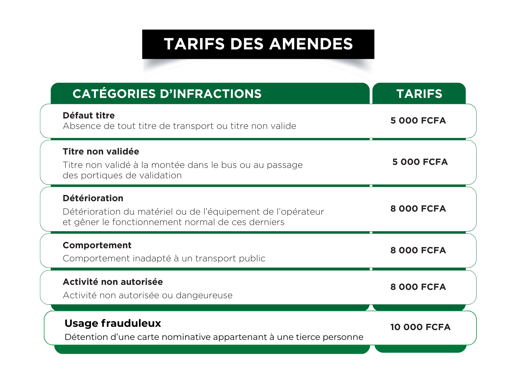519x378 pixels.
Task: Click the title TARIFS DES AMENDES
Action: coord(258,44)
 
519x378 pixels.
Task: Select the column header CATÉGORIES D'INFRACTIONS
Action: coord(167,94)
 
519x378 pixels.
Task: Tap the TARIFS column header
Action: coord(419,94)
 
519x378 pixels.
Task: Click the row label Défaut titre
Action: coord(89,115)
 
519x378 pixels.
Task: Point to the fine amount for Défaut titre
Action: coord(418,121)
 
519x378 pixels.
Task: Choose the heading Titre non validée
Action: coord(101,151)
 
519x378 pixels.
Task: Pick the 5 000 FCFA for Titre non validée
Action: coord(420,162)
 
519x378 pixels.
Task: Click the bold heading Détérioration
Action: coord(93,198)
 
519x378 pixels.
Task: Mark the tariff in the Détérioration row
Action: coord(418,209)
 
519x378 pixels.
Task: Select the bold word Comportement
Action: coord(97,245)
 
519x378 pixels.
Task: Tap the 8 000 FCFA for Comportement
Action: coord(418,250)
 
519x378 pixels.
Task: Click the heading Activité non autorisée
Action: coord(113,282)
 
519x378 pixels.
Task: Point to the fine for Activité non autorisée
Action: coord(418,287)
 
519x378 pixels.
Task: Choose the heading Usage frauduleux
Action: coord(113,323)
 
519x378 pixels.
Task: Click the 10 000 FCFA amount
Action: coord(420,327)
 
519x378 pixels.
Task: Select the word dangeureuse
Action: coord(204,295)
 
